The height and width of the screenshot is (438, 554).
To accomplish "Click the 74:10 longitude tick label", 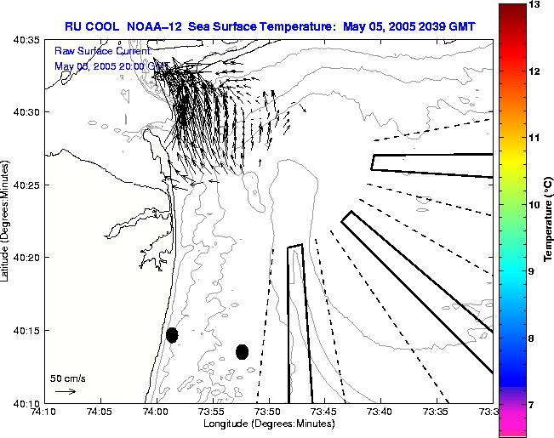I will point(43,412).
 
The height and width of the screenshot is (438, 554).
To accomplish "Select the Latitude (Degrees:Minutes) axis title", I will point(7,220).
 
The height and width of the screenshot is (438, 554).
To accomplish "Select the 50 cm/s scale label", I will point(68,378).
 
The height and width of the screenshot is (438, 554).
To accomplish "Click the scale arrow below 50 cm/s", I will point(66,391).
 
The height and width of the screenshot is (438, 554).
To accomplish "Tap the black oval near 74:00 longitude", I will point(172,335).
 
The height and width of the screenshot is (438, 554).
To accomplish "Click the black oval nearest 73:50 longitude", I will point(242,351).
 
